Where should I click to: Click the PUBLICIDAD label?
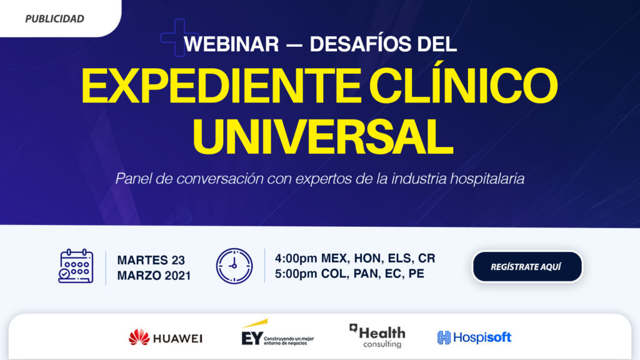[55, 19]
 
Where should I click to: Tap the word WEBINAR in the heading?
[231, 44]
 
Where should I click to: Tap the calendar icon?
[76, 266]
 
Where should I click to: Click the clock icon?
[234, 266]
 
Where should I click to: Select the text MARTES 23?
[151, 260]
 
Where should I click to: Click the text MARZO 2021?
[154, 276]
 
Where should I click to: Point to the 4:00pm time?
[296, 258]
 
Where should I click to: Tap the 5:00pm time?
[296, 274]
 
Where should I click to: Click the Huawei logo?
[165, 338]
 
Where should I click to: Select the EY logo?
[277, 332]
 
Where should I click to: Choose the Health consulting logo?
[377, 336]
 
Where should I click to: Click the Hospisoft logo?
[474, 337]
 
